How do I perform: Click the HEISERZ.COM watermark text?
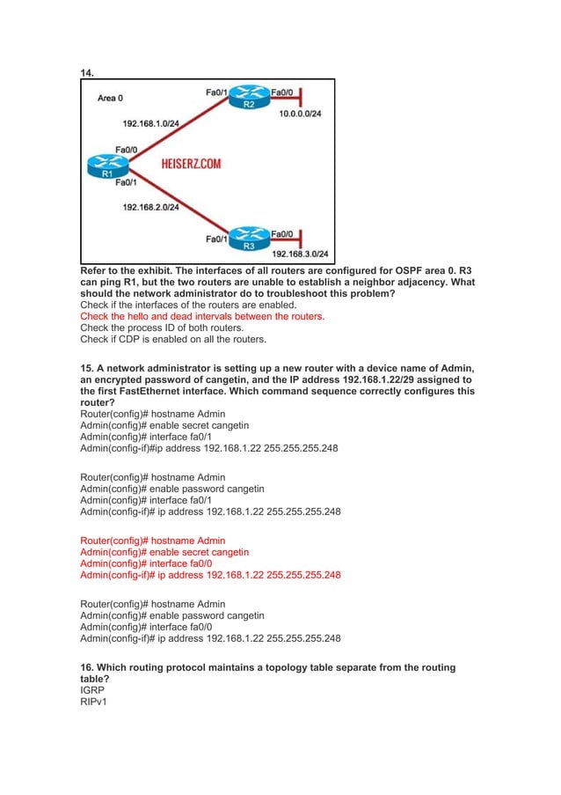coord(191,164)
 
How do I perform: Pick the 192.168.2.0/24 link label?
coord(150,207)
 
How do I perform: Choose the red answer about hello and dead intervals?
coord(202,316)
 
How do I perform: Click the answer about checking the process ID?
coord(168,328)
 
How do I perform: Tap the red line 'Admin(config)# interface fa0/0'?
coord(145,563)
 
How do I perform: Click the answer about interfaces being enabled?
coord(164,305)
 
